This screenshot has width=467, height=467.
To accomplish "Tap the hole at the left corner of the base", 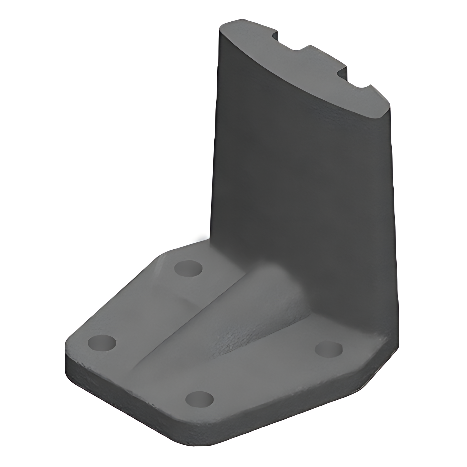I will tap(102, 343).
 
